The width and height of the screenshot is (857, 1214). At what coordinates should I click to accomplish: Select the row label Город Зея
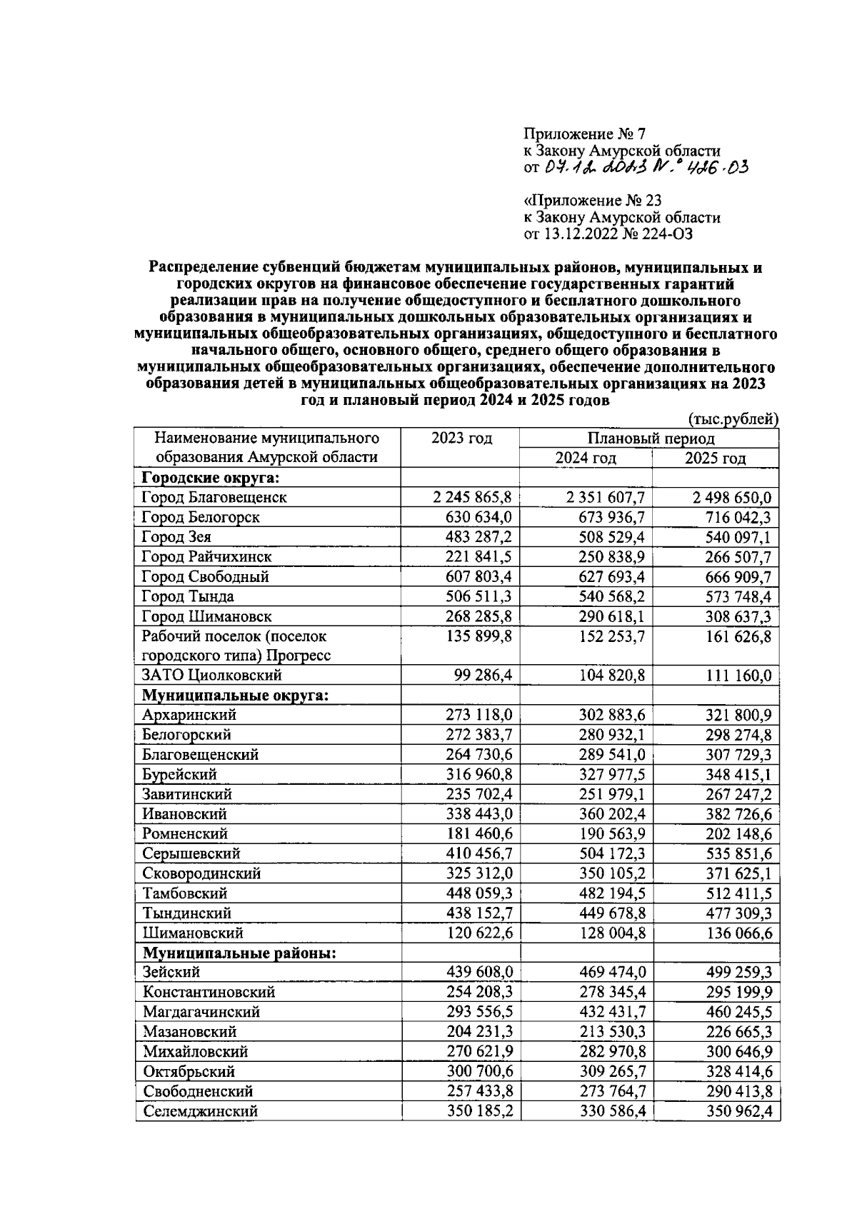tap(176, 537)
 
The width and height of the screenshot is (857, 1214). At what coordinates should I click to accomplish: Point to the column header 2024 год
tap(586, 458)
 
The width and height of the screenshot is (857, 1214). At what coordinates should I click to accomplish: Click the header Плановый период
tap(651, 438)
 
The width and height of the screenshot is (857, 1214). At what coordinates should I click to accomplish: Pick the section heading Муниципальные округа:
tap(236, 695)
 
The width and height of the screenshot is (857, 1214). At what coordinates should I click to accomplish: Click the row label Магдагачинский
tap(201, 1012)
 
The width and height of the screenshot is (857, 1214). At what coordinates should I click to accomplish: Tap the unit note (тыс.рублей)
tap(733, 420)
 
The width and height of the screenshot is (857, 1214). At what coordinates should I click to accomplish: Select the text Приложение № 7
tap(584, 134)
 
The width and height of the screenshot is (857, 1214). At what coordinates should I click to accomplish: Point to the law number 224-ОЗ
tap(666, 234)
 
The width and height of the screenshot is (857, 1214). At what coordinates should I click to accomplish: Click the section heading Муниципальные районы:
tap(239, 953)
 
